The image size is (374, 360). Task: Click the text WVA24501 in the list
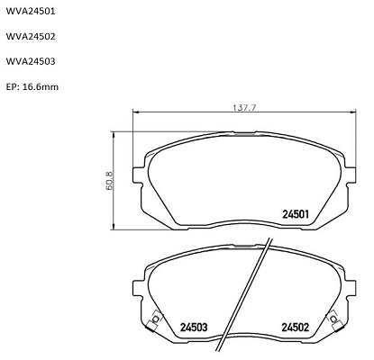pos(31,12)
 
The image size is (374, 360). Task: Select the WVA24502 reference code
pos(31,37)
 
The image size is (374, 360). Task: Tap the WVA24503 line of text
pos(31,61)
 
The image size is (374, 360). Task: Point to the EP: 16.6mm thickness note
pos(32,87)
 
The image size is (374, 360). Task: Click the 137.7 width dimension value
pos(244,108)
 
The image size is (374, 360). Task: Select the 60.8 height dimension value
pos(109,180)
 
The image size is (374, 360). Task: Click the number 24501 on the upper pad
pos(296,214)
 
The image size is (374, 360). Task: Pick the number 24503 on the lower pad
pos(194,327)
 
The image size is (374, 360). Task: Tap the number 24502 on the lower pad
pos(295,327)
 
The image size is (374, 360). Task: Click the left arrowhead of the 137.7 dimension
pos(135,112)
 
